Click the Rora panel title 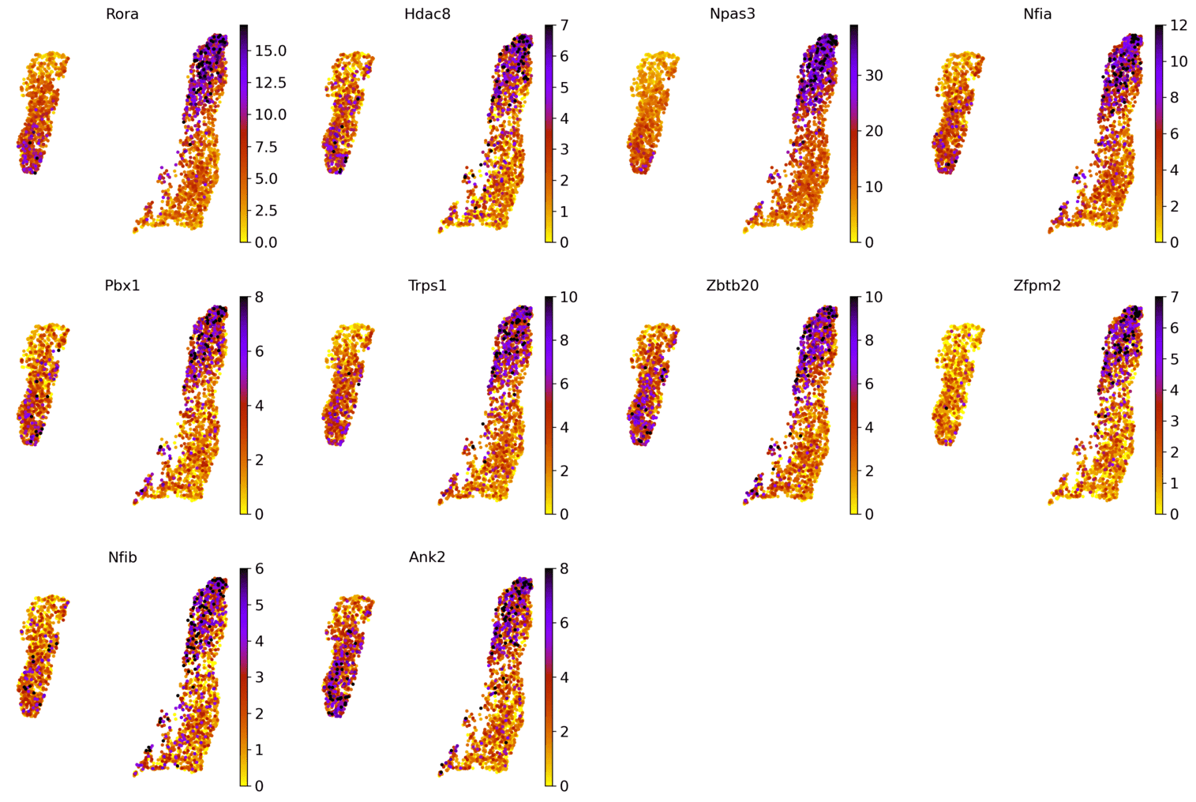tap(122, 14)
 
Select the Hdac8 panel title tap(427, 14)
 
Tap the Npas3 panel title tap(732, 14)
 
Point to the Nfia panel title tap(1037, 14)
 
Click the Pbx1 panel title tap(122, 286)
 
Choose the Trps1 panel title tap(427, 286)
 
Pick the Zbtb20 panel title tap(732, 286)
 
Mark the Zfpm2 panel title tap(1037, 286)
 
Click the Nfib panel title tap(122, 557)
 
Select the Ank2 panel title tap(427, 557)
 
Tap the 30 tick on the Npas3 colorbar tap(874, 76)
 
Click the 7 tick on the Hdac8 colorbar tap(564, 26)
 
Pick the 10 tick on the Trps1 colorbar tap(568, 298)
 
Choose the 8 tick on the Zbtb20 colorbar tap(869, 340)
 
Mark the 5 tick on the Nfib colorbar tap(259, 605)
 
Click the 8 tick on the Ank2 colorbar tap(564, 569)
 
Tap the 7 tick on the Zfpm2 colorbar tap(1174, 298)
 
